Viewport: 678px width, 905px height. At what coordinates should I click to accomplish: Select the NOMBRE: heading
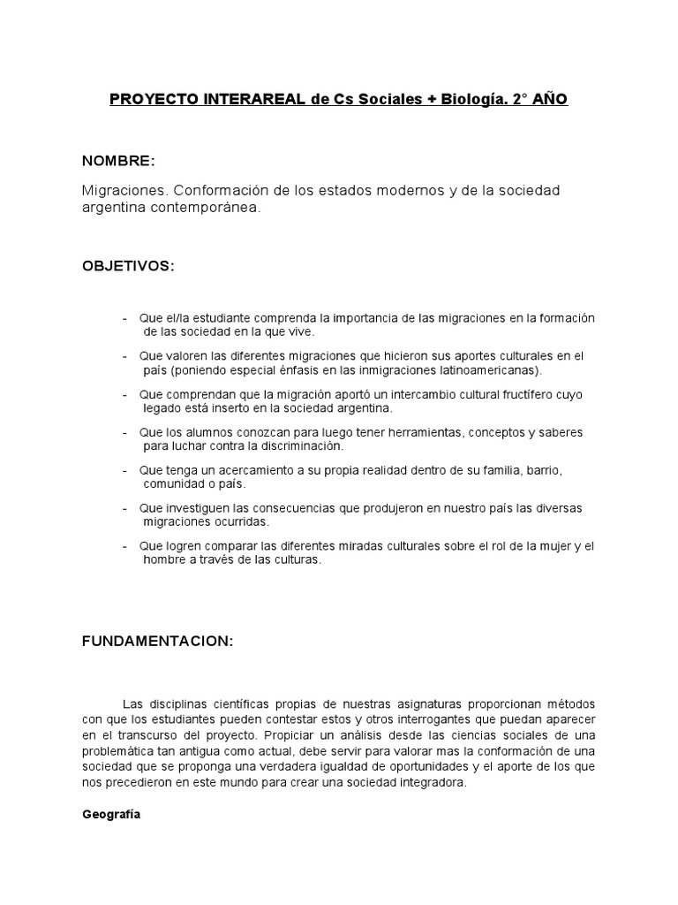[x=118, y=161]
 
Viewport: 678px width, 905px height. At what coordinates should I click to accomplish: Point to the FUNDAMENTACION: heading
[x=158, y=643]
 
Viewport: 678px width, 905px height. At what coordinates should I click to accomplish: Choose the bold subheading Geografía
[x=110, y=816]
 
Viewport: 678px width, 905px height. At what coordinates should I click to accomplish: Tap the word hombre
[x=165, y=560]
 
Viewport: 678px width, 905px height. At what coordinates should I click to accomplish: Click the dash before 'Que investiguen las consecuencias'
[x=125, y=509]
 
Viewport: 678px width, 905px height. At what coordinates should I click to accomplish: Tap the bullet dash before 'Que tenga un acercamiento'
[x=125, y=470]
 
